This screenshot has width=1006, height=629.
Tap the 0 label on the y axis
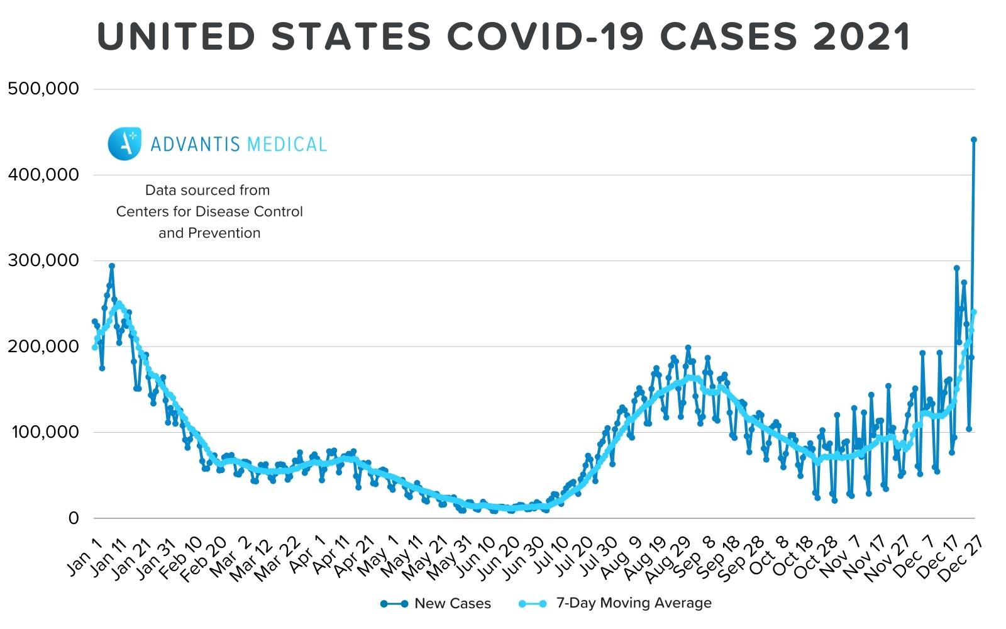(74, 518)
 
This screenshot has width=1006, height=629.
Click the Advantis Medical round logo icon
(124, 143)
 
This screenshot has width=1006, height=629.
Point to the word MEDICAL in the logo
(287, 144)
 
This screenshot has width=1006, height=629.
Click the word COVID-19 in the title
(545, 36)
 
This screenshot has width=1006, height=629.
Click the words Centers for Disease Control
(209, 211)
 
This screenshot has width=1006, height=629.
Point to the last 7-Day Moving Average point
(974, 312)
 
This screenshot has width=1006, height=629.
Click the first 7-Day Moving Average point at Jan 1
(95, 347)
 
